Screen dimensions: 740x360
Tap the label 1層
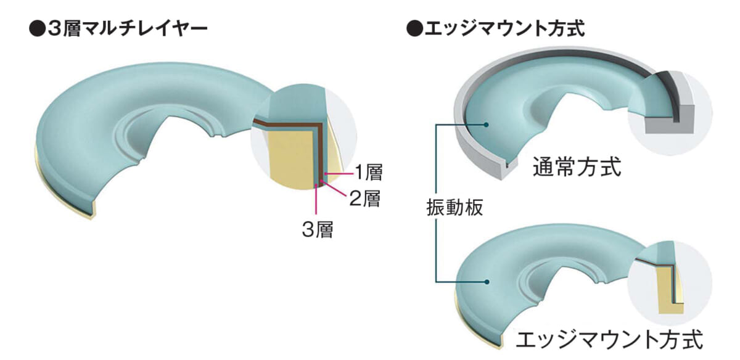pos(368,172)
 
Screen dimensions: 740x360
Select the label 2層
pos(364,198)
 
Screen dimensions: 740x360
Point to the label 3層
pos(318,229)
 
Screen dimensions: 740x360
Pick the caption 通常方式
pos(577,167)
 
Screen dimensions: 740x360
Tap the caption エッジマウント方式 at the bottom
pos(609,339)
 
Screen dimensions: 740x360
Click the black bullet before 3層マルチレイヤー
pos(37,30)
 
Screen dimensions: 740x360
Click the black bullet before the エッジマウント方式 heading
pos(414,30)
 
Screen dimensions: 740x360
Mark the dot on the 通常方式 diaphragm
pos(486,125)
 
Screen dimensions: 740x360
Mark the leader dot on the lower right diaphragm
pos(486,282)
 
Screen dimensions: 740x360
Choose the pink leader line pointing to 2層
pos(334,189)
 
